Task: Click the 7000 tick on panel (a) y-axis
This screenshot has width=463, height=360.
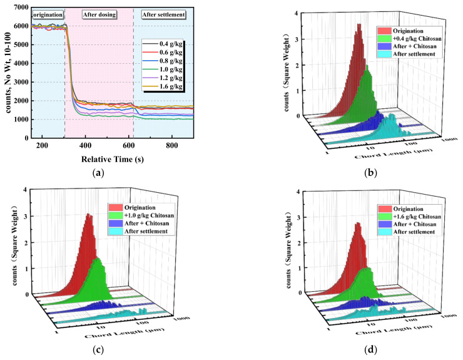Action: pos(19,7)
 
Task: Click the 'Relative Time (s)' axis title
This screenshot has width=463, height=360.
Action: pos(112,157)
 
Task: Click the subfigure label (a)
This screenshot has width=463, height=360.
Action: pos(111,172)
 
